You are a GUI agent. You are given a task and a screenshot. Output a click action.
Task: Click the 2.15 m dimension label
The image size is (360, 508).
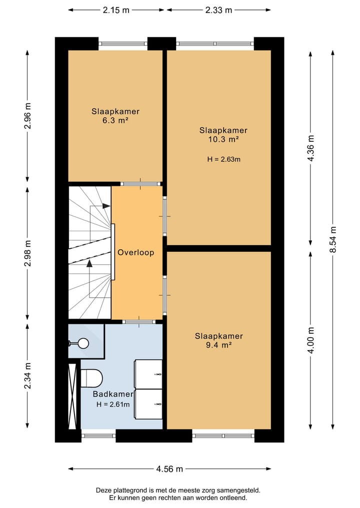(x=116, y=10)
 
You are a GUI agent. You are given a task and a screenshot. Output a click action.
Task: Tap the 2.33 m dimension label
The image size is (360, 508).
(x=218, y=10)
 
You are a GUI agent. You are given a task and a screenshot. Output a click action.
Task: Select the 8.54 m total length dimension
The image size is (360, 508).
(x=333, y=239)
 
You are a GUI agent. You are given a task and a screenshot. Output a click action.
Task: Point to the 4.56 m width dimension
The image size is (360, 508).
(x=169, y=469)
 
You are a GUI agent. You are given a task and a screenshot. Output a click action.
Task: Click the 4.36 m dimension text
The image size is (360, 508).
(x=310, y=148)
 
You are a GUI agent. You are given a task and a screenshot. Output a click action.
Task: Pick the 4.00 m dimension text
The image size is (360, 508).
(x=310, y=341)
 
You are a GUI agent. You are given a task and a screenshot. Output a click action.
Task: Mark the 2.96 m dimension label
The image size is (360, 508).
(x=27, y=116)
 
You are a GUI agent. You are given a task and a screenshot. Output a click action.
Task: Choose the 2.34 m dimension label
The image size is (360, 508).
(x=27, y=376)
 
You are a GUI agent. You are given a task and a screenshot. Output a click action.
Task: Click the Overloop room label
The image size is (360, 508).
(x=135, y=252)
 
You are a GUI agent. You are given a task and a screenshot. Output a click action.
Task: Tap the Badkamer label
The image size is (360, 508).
(x=113, y=394)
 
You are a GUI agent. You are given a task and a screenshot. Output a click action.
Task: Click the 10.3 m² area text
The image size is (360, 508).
(x=223, y=139)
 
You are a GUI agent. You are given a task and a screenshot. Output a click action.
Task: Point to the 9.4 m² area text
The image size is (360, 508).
(x=218, y=345)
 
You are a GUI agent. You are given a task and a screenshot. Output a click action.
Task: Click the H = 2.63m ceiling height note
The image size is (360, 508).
(x=224, y=159)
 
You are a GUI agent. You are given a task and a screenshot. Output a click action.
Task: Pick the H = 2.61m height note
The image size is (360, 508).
(x=113, y=404)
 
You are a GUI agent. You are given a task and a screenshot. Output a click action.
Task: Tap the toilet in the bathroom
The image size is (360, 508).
(x=91, y=378)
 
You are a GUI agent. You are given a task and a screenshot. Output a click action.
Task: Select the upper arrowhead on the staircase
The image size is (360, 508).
(x=106, y=206)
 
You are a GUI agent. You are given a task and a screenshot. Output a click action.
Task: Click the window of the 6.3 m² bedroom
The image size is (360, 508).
(x=123, y=44)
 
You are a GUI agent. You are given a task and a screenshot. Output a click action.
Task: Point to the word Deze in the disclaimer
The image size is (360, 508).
(x=103, y=490)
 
